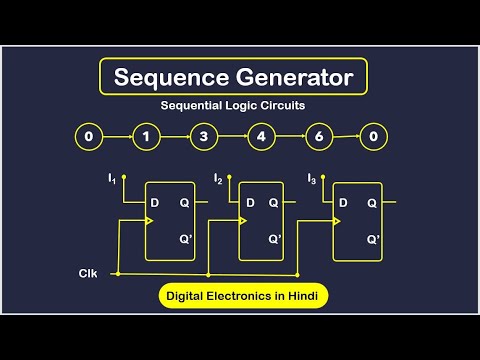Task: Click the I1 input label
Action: pyautogui.click(x=112, y=179)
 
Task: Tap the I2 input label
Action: pyautogui.click(x=218, y=179)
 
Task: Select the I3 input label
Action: pyautogui.click(x=311, y=179)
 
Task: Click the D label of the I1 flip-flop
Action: pyautogui.click(x=155, y=202)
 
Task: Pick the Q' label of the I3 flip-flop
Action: pyautogui.click(x=373, y=240)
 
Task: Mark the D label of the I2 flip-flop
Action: pyautogui.click(x=248, y=202)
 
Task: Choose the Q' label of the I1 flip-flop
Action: pyautogui.click(x=186, y=240)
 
